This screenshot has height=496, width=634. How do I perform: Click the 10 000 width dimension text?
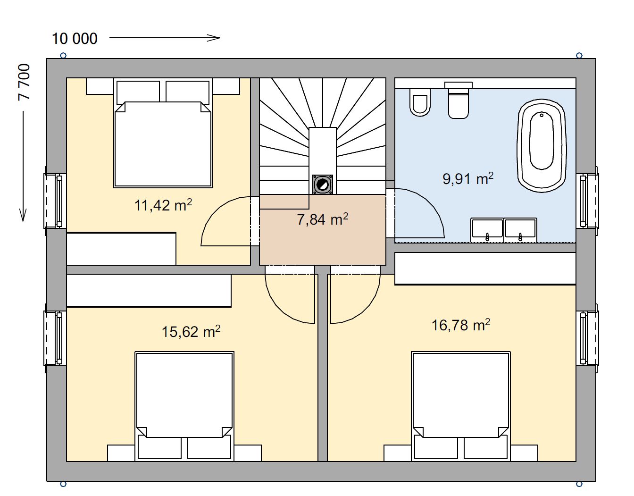coord(75,39)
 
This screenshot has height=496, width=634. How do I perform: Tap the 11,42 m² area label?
coord(163,205)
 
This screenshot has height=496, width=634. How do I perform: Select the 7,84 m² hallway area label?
coord(322,219)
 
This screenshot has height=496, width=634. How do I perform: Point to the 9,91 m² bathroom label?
coord(468,178)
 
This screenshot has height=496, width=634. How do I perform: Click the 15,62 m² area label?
coord(191,331)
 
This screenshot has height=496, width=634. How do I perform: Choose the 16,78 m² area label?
coord(461,325)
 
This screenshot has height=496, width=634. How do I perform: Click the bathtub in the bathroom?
coord(542,145)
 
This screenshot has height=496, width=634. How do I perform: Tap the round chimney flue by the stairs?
coord(322,185)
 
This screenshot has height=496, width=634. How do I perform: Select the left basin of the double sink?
coord(487,230)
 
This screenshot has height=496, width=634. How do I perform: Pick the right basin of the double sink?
coord(520,230)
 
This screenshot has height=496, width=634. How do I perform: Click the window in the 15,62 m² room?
coord(55,338)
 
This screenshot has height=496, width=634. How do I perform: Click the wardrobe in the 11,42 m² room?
coord(121,249)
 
